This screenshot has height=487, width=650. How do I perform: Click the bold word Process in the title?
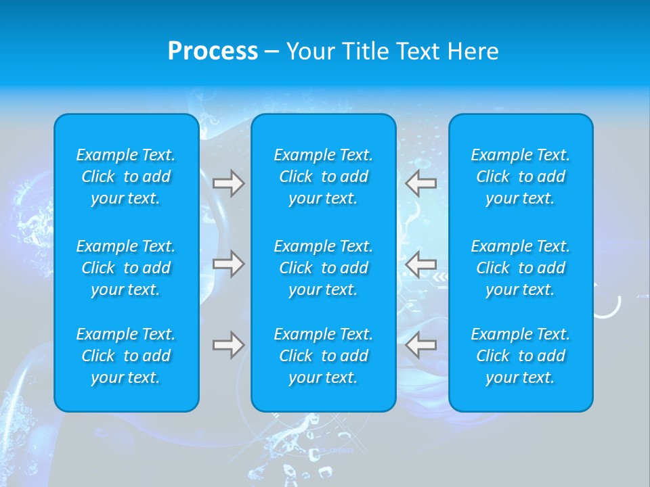(213, 51)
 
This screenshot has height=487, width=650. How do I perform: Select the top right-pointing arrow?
(229, 183)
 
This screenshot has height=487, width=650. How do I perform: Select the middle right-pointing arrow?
(229, 264)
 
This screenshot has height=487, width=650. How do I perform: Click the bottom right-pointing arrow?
(229, 345)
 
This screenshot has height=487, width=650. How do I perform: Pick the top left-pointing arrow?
(421, 183)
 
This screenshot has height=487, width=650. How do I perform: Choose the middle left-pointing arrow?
(421, 264)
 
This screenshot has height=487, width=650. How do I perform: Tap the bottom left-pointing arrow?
(421, 345)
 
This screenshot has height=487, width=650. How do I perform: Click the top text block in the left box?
(126, 177)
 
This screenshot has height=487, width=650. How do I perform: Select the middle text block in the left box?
(126, 268)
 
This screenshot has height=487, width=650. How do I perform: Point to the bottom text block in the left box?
(126, 356)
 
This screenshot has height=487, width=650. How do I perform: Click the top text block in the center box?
(323, 177)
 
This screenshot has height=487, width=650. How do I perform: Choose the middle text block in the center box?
(323, 268)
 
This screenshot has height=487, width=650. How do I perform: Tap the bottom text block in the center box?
(323, 356)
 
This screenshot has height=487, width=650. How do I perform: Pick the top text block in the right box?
(520, 177)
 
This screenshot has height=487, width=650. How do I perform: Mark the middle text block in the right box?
(520, 268)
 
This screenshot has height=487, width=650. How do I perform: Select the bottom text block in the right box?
(520, 356)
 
